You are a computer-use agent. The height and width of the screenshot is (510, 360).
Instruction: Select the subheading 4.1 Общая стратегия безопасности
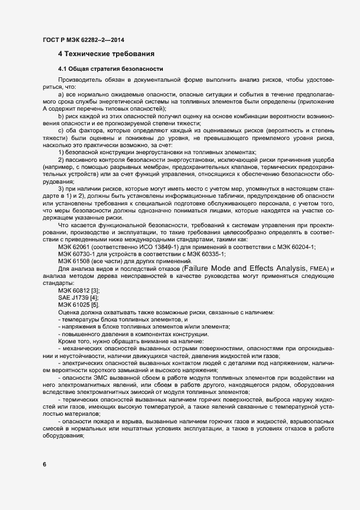pos(109,70)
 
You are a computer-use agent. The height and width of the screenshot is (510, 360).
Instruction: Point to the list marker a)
pos(62,95)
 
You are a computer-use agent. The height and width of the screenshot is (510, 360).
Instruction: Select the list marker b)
pos(62,118)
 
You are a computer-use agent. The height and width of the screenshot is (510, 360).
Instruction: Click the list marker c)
pos(62,132)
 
